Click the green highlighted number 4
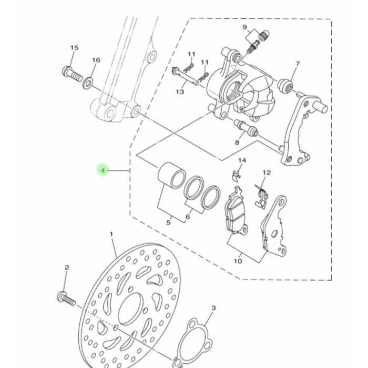(x=103, y=170)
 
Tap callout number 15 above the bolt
(x=74, y=48)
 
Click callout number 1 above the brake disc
(x=111, y=233)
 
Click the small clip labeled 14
(x=237, y=173)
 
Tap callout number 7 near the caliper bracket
(x=297, y=64)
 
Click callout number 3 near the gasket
(x=213, y=308)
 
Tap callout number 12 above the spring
(x=267, y=172)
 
